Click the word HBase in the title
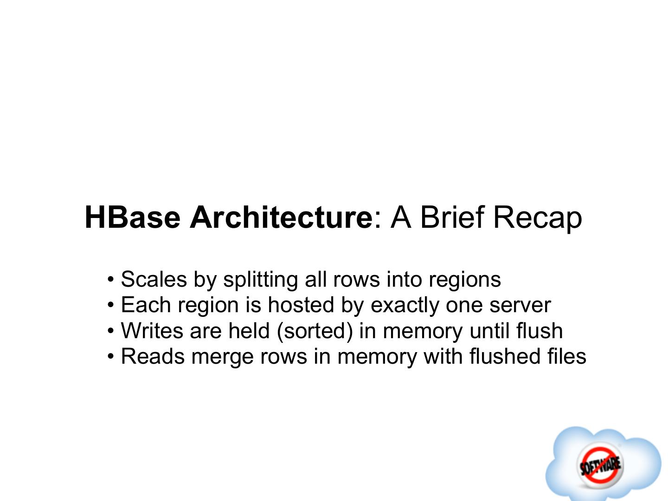point(132,217)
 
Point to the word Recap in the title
point(537,218)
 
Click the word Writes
point(152,331)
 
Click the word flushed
point(505,357)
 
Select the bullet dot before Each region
point(110,306)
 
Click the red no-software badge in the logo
point(600,464)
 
